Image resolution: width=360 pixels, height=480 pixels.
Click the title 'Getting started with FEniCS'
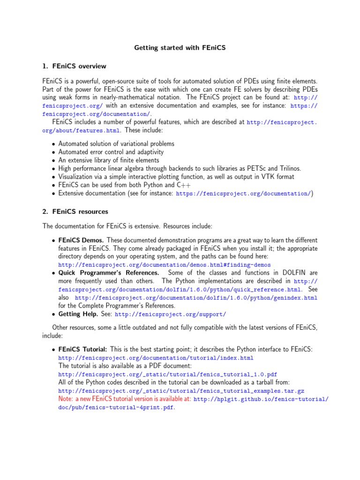(180, 48)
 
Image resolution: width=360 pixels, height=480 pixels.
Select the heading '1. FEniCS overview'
(74, 66)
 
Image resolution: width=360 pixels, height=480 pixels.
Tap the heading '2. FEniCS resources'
(75, 211)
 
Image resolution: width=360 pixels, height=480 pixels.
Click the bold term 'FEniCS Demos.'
(81, 240)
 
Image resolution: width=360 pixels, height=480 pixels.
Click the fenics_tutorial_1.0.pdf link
(168, 375)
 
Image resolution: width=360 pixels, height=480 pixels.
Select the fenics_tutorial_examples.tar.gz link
(181, 391)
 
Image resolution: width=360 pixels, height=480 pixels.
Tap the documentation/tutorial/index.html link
(156, 358)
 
